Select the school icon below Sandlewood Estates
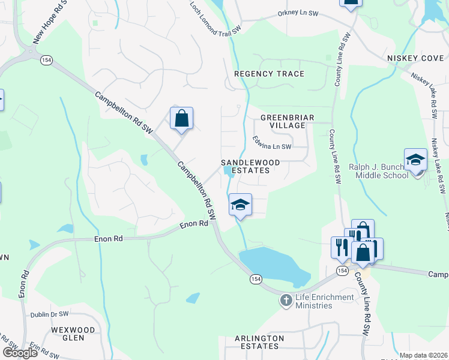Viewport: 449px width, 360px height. tap(240, 206)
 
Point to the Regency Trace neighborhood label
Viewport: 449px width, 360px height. tap(269, 74)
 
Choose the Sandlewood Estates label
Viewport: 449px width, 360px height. tap(245, 166)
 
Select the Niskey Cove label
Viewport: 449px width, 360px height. tap(414, 58)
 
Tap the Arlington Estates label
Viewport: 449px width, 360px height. tap(259, 342)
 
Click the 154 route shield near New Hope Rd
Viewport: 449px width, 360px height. tap(46, 60)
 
